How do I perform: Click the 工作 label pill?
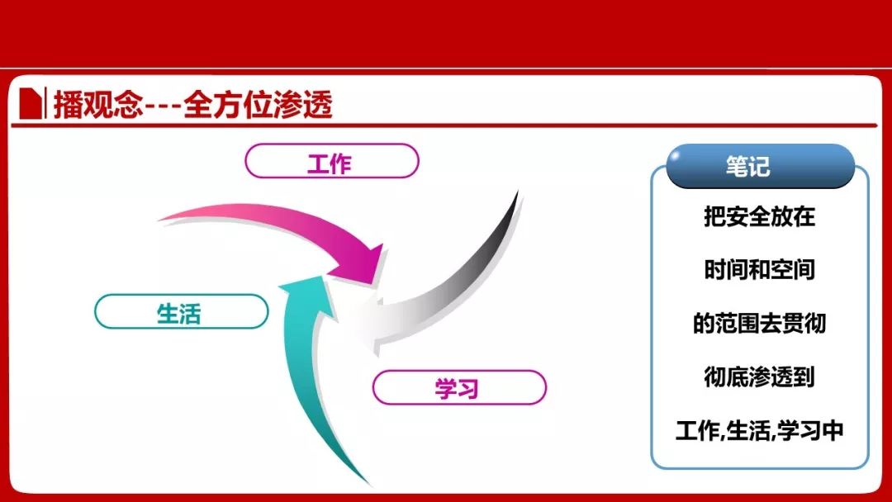(x=332, y=161)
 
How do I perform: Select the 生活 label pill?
(x=181, y=311)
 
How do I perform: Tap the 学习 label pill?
(x=459, y=388)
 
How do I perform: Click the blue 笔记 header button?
(x=760, y=166)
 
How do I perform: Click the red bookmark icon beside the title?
(x=31, y=103)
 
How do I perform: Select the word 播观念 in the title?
(x=97, y=105)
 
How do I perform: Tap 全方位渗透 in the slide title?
(x=258, y=105)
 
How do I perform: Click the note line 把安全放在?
(x=760, y=216)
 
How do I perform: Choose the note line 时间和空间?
(x=760, y=269)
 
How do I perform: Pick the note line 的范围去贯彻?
(x=760, y=323)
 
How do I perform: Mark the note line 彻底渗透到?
(x=760, y=376)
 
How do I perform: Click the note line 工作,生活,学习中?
(x=760, y=430)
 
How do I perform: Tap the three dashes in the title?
(x=164, y=106)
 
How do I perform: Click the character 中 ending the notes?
(x=833, y=430)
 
